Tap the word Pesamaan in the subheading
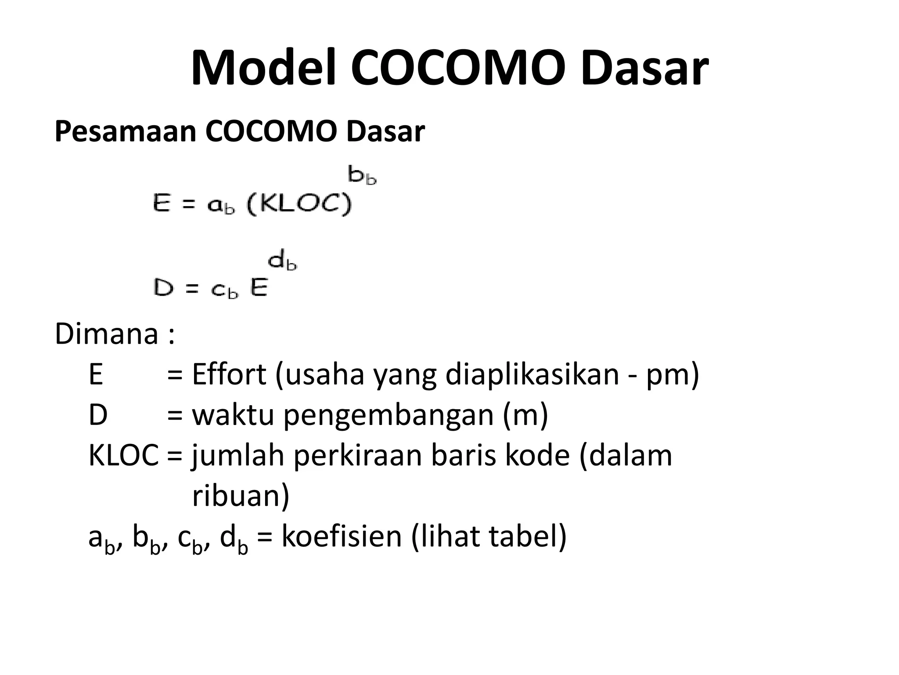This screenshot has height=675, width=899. click(x=125, y=131)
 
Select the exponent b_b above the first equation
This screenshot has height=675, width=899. click(x=362, y=175)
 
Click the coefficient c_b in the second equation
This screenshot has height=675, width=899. click(x=224, y=290)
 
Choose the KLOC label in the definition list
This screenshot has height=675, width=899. click(x=123, y=456)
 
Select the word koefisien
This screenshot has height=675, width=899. click(x=342, y=537)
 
